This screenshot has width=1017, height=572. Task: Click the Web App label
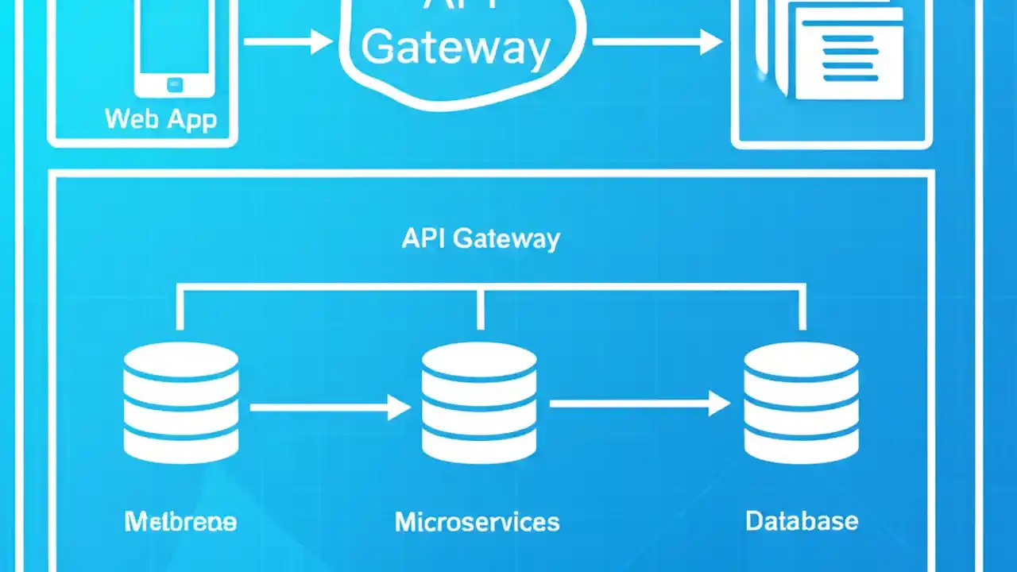(160, 119)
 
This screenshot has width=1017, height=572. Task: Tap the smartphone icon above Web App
(173, 44)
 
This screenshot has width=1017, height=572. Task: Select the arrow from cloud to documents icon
(656, 41)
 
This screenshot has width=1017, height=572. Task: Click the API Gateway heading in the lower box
(481, 239)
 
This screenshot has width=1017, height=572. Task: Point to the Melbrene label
(180, 522)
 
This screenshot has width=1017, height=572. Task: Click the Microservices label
(477, 522)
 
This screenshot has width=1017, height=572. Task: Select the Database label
(801, 521)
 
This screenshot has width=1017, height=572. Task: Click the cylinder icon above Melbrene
(181, 403)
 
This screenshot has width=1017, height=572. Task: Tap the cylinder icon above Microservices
(479, 403)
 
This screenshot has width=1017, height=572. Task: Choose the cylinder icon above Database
(801, 403)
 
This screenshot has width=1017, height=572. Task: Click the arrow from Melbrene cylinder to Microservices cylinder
(330, 408)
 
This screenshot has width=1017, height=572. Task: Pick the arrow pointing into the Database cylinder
(640, 404)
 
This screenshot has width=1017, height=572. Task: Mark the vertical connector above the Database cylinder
(802, 308)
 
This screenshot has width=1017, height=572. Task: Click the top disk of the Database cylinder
(801, 359)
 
